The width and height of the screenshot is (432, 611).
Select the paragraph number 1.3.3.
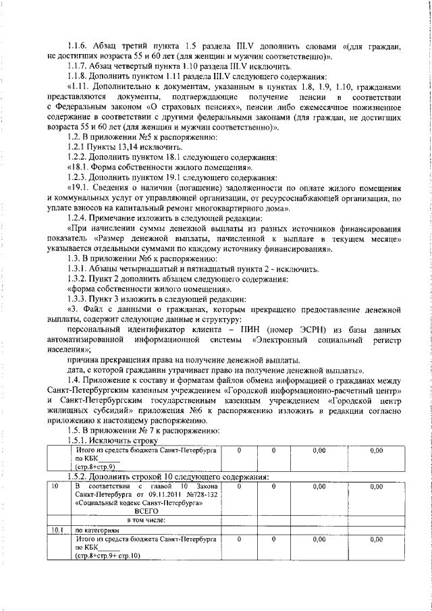pyautogui.click(x=78, y=299)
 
